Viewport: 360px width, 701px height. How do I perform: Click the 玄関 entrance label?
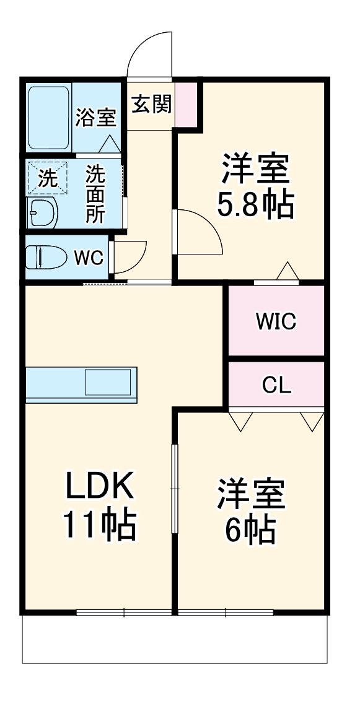coord(151,105)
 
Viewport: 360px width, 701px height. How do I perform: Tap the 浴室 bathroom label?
coord(96,117)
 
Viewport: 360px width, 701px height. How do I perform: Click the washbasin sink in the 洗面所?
coord(42,213)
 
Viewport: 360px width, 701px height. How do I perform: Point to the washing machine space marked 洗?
coord(46,178)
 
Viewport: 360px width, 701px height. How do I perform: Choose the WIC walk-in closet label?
coord(276,321)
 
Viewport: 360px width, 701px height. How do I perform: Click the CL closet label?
coord(276,385)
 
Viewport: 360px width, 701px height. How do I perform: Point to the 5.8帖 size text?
coord(255,205)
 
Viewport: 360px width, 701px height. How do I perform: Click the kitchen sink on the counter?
coord(108,382)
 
